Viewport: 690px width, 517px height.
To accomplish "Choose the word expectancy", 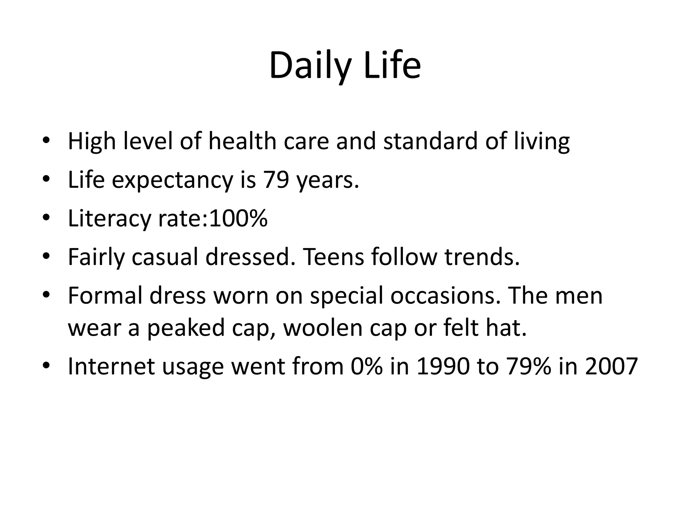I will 172,180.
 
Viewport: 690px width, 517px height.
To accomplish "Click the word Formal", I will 105,296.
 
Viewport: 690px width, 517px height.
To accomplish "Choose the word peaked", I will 186,328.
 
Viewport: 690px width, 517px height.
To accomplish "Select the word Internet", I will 112,366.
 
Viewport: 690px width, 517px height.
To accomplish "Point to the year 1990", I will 443,366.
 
